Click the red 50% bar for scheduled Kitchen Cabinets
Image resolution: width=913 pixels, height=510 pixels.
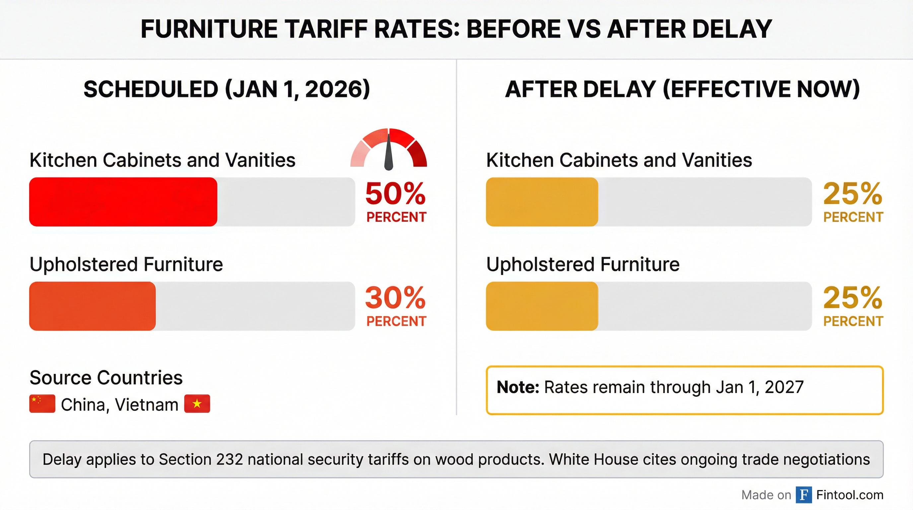point(123,202)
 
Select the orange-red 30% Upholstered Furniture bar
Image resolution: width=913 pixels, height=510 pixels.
point(92,306)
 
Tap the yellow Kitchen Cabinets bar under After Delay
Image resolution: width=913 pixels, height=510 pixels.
point(541,202)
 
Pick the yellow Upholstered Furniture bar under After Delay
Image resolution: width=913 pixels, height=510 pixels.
point(541,306)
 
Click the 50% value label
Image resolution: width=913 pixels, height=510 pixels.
point(395,194)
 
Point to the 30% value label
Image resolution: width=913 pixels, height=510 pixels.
point(395,298)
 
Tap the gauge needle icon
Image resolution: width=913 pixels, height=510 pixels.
point(389,151)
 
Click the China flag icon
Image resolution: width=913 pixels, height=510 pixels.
point(42,404)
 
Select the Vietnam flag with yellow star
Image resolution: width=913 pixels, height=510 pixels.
point(197,404)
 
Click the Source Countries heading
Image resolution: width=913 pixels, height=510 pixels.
point(106,378)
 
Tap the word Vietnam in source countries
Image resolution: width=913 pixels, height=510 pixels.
point(146,405)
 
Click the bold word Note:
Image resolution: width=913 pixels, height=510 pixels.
point(518,387)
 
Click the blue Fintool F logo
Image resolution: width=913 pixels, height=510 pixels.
point(804,495)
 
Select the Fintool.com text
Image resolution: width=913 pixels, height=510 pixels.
point(850,495)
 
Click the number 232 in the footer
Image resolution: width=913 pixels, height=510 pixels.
point(229,459)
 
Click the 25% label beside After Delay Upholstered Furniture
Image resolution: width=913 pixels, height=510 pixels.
point(852,298)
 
